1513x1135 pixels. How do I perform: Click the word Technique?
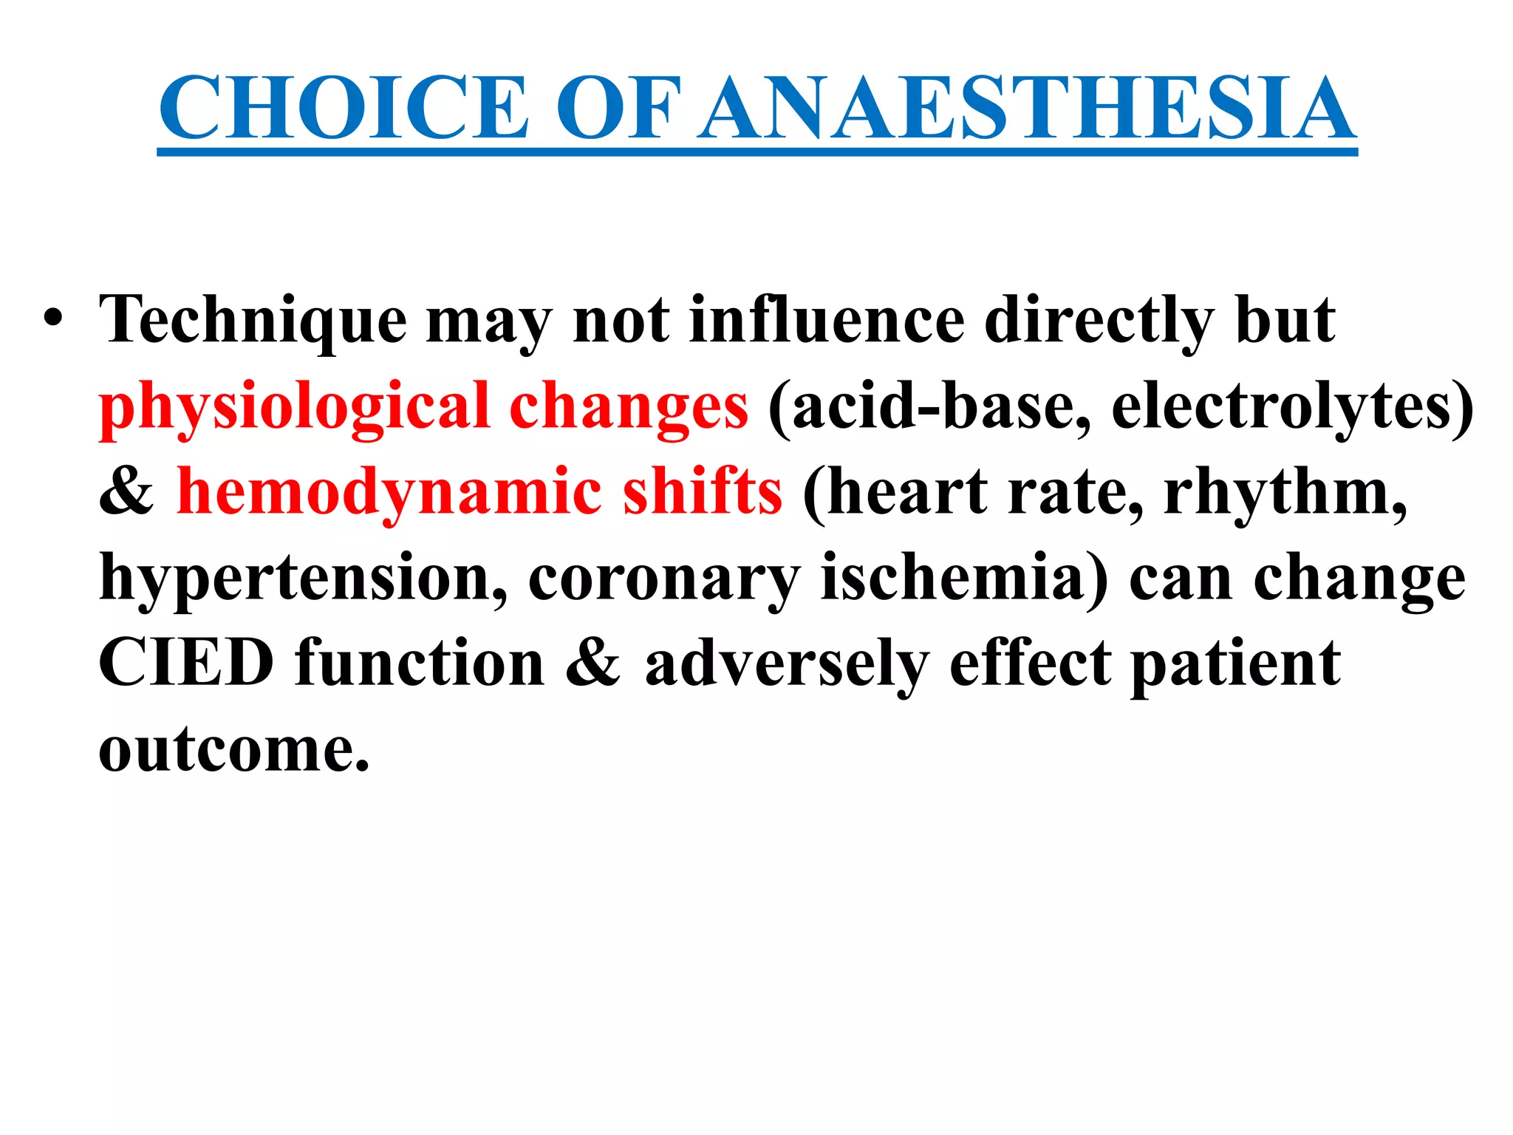253,321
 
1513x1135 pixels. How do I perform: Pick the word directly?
1099,321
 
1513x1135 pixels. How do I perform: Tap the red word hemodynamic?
389,493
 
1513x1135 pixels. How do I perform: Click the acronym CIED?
186,663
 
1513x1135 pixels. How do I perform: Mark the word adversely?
786,664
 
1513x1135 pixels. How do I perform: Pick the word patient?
1235,664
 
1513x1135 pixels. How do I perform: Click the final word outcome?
233,749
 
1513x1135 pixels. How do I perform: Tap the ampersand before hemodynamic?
126,493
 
